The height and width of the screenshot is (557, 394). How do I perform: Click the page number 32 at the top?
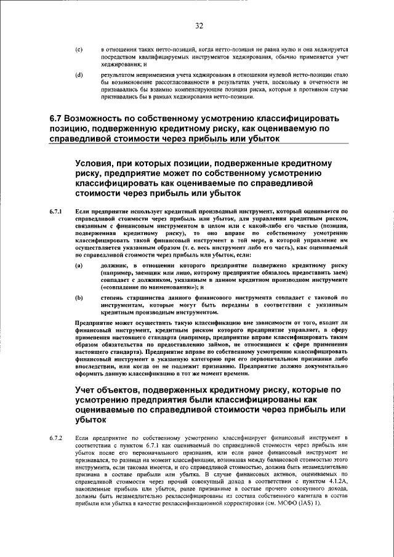(x=199, y=25)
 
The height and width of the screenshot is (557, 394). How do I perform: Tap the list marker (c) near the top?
(x=78, y=48)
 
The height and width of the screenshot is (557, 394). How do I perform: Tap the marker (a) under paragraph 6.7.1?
(x=78, y=265)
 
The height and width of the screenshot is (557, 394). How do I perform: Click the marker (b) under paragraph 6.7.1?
(x=78, y=297)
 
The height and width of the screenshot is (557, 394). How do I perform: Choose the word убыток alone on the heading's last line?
(x=92, y=420)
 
